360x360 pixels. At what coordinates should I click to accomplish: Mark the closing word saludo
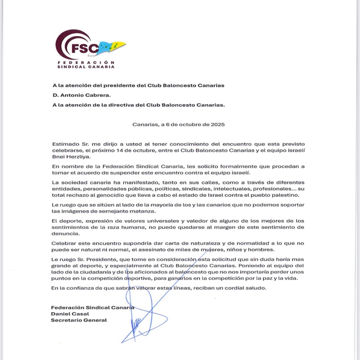tap(257, 288)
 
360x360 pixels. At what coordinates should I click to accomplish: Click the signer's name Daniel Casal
tap(70, 314)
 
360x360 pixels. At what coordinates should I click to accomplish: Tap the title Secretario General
tap(79, 320)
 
